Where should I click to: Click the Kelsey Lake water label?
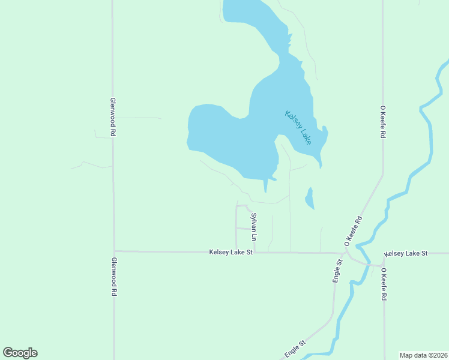[298, 127]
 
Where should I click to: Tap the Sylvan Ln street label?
[254, 227]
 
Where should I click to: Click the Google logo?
[20, 353]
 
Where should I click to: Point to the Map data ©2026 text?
[424, 355]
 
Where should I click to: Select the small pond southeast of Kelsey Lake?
[310, 199]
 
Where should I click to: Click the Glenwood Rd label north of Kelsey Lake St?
[112, 117]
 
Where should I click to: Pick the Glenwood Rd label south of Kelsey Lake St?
[113, 277]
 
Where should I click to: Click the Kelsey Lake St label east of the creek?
[406, 254]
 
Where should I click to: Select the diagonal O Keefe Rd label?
[354, 230]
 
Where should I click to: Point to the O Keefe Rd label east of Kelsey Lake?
[382, 122]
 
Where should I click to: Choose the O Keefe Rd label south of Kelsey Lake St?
[383, 284]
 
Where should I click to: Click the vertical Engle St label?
[337, 271]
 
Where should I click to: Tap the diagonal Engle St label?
[295, 349]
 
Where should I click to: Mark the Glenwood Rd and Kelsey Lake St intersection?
[114, 251]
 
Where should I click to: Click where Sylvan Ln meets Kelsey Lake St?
[255, 252]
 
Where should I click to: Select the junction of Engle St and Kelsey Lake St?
[336, 253]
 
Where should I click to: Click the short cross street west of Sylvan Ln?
[243, 229]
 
